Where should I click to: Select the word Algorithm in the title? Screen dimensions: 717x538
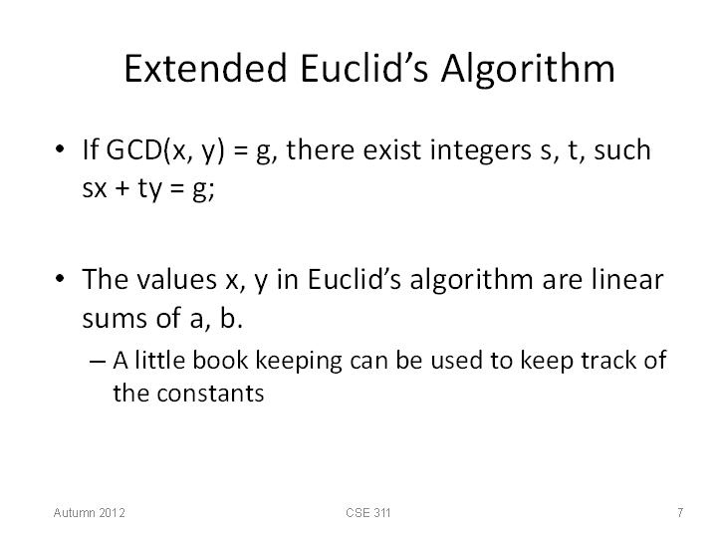click(528, 69)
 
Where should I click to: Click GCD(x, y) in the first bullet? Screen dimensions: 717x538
click(165, 150)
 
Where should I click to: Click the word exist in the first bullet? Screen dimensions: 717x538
click(392, 150)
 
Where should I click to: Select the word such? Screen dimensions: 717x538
click(621, 149)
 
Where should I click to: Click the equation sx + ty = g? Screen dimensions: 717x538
click(148, 188)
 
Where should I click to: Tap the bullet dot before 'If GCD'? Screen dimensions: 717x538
click(60, 149)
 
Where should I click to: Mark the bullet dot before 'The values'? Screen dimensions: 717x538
click(60, 279)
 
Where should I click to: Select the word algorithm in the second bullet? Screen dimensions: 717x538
click(471, 281)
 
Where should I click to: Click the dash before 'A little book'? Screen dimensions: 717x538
click(98, 362)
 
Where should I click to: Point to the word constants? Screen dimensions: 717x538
click(210, 394)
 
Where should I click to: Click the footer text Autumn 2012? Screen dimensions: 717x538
click(90, 512)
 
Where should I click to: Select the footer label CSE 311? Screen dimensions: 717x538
click(368, 512)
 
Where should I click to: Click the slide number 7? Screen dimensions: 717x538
click(680, 512)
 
